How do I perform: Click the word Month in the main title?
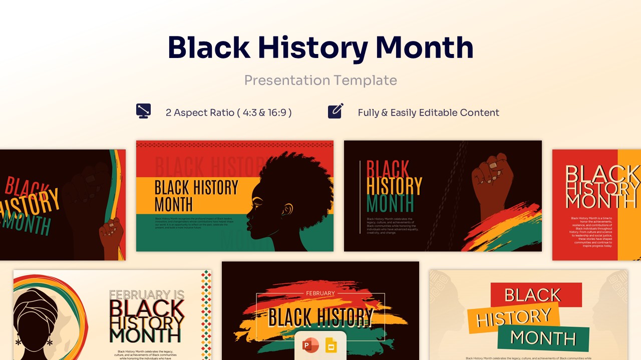(424, 47)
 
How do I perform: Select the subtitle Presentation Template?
(320, 80)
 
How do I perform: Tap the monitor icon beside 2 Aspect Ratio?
(143, 111)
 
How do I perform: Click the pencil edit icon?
(336, 111)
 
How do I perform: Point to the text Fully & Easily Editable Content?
(428, 112)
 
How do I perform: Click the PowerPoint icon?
(310, 345)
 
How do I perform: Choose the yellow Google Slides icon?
(331, 345)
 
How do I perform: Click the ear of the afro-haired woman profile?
(287, 209)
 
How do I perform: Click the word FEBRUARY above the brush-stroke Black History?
(320, 293)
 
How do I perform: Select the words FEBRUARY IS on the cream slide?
(147, 295)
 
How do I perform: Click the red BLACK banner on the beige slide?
(535, 294)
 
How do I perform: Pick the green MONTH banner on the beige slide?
(543, 338)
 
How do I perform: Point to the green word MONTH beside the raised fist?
(390, 204)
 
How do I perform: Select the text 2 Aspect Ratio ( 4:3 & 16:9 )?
(228, 112)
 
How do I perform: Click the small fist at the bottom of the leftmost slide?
(111, 234)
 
